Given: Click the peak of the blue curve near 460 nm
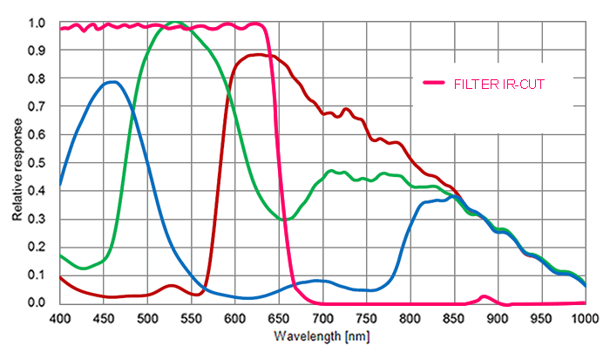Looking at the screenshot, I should [x=112, y=82].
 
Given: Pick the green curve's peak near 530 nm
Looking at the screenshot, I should [x=176, y=23].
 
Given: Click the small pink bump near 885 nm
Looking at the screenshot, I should [x=485, y=297].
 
